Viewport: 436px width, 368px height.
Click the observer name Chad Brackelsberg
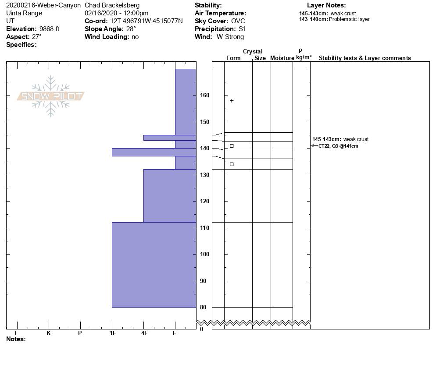(112, 5)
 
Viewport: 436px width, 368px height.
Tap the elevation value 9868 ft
(49, 29)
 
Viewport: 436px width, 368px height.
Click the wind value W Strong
(230, 37)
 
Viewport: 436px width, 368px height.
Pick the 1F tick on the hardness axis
(112, 333)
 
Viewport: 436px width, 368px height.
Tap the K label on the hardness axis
(49, 333)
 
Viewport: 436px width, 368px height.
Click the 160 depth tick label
(204, 95)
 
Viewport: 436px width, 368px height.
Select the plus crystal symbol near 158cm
(232, 101)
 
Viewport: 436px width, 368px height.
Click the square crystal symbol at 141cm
(232, 146)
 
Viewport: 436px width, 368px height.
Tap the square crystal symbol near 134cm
(232, 164)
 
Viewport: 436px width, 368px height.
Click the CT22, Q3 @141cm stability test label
(338, 146)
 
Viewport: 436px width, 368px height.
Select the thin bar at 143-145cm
(170, 138)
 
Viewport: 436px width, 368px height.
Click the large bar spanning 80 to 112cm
(154, 265)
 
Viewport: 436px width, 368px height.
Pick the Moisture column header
(282, 58)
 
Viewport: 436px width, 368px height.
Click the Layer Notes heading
(326, 5)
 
